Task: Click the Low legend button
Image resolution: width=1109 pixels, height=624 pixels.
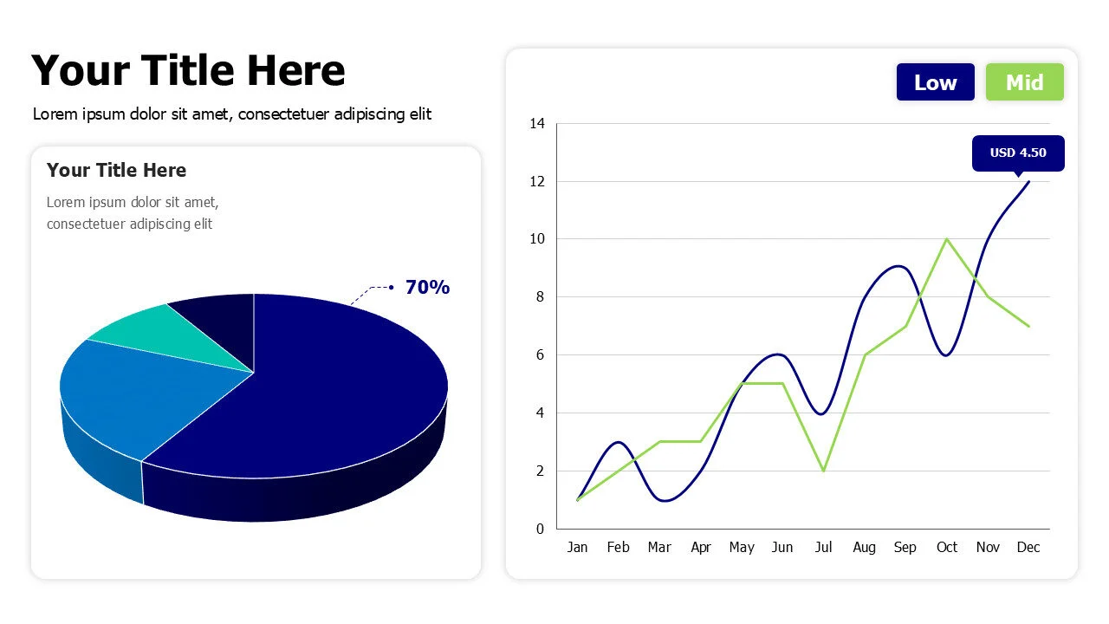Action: pyautogui.click(x=935, y=82)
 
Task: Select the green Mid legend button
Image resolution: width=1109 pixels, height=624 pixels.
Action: pyautogui.click(x=1024, y=82)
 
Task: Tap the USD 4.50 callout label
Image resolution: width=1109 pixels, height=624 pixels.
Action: pyautogui.click(x=1018, y=153)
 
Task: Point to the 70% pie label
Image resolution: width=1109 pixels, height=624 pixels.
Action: pyautogui.click(x=427, y=288)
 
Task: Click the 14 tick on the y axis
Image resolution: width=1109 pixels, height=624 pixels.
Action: pyautogui.click(x=537, y=124)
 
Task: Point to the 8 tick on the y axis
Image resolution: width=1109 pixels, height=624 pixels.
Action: pyautogui.click(x=540, y=297)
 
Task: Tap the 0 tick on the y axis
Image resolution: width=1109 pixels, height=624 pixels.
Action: pyautogui.click(x=540, y=529)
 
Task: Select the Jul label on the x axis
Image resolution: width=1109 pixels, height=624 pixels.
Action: pyautogui.click(x=823, y=548)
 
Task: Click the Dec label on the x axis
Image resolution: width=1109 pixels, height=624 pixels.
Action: pyautogui.click(x=1028, y=548)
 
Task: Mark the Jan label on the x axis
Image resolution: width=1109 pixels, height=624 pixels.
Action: pyautogui.click(x=577, y=548)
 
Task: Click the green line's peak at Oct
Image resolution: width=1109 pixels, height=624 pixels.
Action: pyautogui.click(x=947, y=239)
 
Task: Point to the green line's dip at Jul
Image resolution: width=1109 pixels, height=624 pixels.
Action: pyautogui.click(x=823, y=471)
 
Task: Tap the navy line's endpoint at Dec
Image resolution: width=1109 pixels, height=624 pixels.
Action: pyautogui.click(x=1028, y=182)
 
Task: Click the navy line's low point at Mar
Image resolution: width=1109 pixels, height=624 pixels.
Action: pyautogui.click(x=660, y=500)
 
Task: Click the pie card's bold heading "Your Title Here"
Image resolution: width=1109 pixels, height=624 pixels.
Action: pyautogui.click(x=116, y=170)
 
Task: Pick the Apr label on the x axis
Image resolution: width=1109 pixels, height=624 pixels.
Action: pyautogui.click(x=701, y=548)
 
